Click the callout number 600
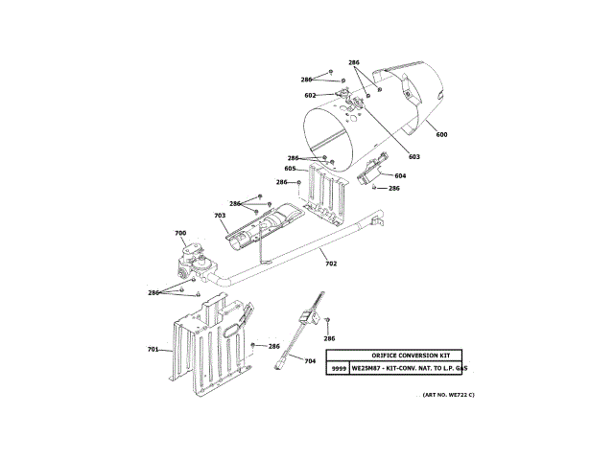click(441, 134)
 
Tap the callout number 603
click(414, 156)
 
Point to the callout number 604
click(400, 175)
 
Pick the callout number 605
click(290, 169)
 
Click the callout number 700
click(180, 233)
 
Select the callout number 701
click(153, 350)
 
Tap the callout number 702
click(331, 263)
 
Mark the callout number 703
click(220, 216)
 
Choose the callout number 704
click(309, 360)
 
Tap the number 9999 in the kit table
click(338, 368)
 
